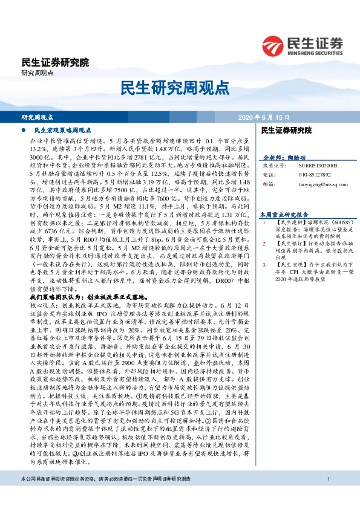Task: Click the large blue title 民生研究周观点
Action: point(180,88)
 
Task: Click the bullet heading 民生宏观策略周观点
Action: point(62,130)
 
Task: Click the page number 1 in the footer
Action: point(327,496)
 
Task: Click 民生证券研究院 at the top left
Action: point(55,62)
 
